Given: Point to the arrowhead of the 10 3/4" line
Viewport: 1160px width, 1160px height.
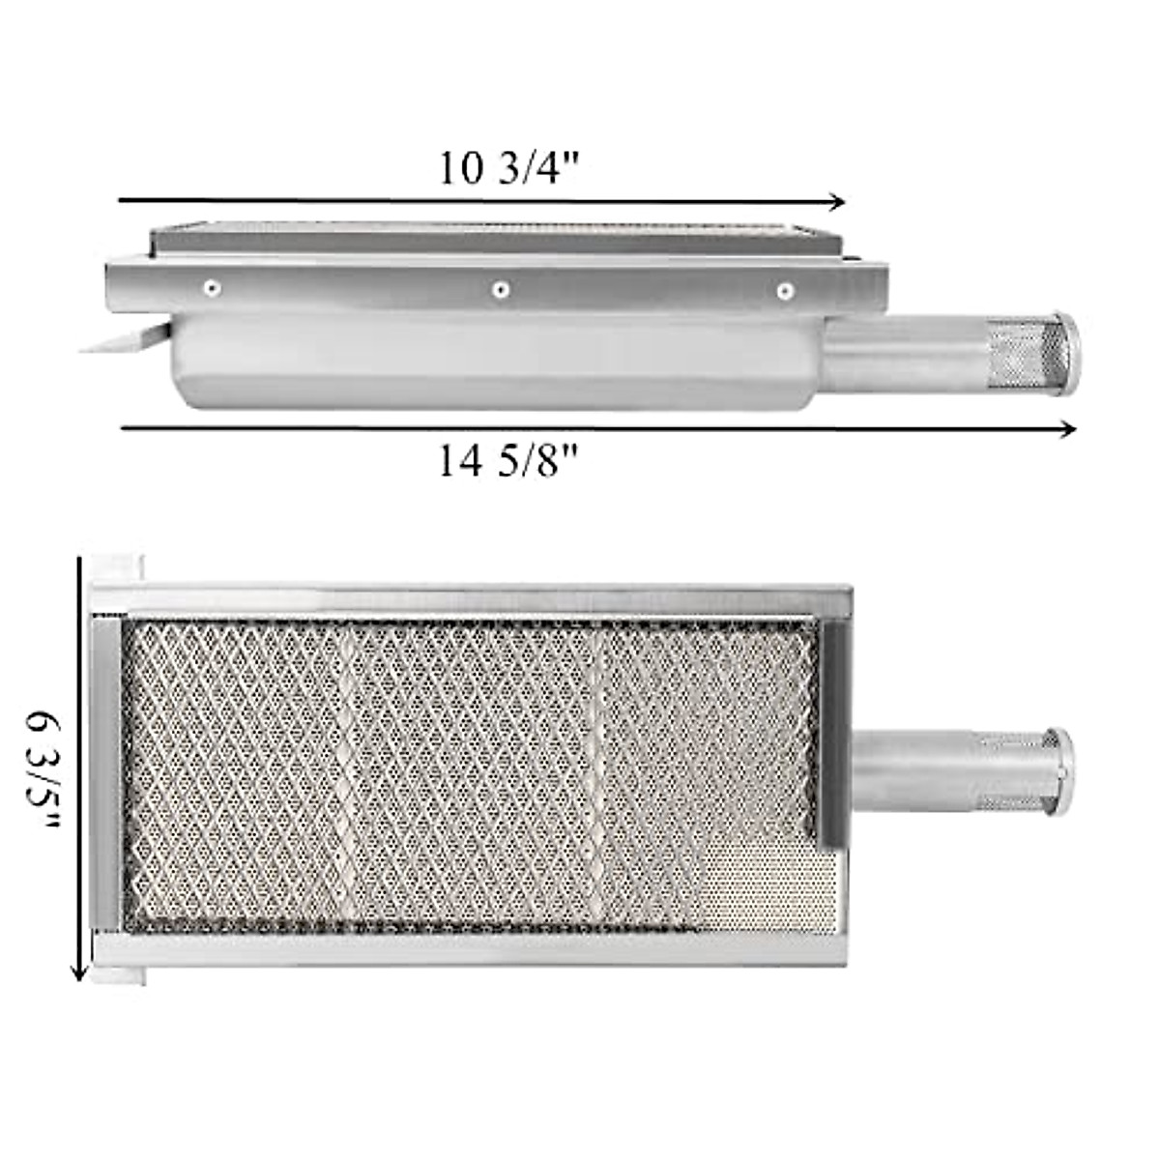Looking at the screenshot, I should coord(839,202).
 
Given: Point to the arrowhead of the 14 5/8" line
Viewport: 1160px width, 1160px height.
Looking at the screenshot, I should coord(1069,429).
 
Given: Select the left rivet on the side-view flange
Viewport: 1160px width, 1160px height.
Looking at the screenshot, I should coord(210,287).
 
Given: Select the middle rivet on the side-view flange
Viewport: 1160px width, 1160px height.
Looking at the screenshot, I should coord(500,288).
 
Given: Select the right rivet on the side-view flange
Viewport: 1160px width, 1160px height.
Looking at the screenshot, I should coord(785,289).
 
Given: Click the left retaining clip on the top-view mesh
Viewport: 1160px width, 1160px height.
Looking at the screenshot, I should coord(107,772).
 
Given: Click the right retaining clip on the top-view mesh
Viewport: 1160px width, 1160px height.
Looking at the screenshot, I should coord(832,735).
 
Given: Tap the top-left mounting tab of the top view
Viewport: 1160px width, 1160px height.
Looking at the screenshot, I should coord(117,567).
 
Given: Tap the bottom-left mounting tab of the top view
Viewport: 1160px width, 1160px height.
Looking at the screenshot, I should coord(118,973).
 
